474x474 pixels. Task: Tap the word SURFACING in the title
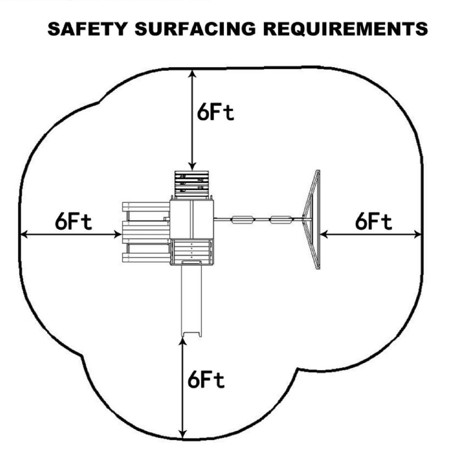click(195, 29)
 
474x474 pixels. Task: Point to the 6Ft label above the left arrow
click(73, 222)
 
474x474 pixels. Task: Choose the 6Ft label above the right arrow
click(373, 222)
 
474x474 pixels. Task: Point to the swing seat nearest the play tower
click(243, 219)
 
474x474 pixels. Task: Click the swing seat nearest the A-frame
click(281, 219)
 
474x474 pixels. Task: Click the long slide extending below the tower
click(191, 300)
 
